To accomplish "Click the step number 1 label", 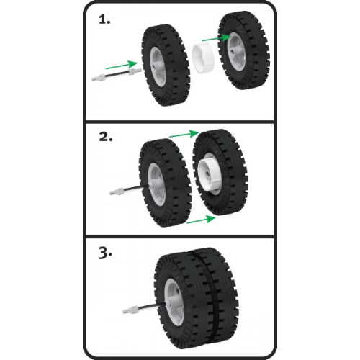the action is pyautogui.click(x=104, y=19).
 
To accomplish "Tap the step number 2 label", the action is pyautogui.click(x=106, y=137).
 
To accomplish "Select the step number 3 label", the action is pyautogui.click(x=105, y=253).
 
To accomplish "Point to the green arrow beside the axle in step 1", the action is pyautogui.click(x=121, y=65).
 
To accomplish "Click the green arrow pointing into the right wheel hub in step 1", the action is pyautogui.click(x=217, y=38).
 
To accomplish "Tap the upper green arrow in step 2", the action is pyautogui.click(x=184, y=134).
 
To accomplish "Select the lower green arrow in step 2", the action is pyautogui.click(x=201, y=220).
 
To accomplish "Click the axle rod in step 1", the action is pyautogui.click(x=117, y=74).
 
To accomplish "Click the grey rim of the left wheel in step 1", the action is pyautogui.click(x=158, y=66).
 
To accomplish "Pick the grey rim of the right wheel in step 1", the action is pyautogui.click(x=235, y=52).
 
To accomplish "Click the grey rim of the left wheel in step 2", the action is pyautogui.click(x=156, y=184).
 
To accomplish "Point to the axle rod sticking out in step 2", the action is pyautogui.click(x=129, y=189).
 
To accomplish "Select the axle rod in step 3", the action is pyautogui.click(x=144, y=308).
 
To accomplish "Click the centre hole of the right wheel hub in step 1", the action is pyautogui.click(x=233, y=52).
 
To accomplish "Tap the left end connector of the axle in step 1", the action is pyautogui.click(x=99, y=78).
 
